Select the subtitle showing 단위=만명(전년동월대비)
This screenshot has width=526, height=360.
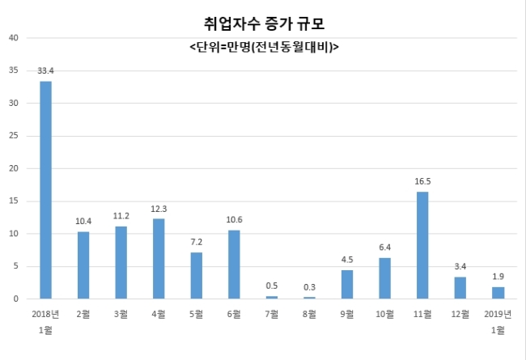click(264, 47)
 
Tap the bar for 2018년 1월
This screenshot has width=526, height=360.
click(46, 190)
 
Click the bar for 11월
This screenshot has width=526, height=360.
click(422, 245)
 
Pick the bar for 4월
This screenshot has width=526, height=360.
click(159, 259)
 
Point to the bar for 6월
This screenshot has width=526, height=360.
click(234, 265)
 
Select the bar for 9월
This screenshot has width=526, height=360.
click(347, 284)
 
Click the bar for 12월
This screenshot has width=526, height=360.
click(460, 288)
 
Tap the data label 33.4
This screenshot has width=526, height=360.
click(46, 71)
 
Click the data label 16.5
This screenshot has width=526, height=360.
click(422, 182)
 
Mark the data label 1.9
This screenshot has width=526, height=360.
click(498, 277)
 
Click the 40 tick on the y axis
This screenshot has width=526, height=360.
click(14, 37)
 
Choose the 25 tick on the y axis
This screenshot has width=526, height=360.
click(14, 136)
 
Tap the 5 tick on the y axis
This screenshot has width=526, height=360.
click(16, 266)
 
